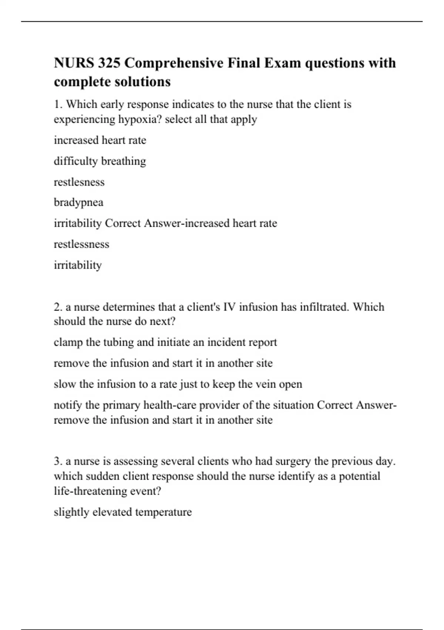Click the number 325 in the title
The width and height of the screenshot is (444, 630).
pyautogui.click(x=109, y=63)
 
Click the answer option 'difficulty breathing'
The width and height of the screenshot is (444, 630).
pyautogui.click(x=100, y=161)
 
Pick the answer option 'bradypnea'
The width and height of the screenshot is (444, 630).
pyautogui.click(x=78, y=203)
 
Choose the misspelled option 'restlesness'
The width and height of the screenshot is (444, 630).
pyautogui.click(x=79, y=182)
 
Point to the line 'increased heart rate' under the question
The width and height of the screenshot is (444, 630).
pyautogui.click(x=100, y=140)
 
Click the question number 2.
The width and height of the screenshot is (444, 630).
pyautogui.click(x=58, y=307)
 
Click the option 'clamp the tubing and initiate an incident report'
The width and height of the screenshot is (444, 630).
pyautogui.click(x=165, y=342)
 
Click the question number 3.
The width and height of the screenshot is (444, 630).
pyautogui.click(x=58, y=461)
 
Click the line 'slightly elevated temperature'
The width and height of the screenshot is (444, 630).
pyautogui.click(x=123, y=512)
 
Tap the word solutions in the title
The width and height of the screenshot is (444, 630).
pyautogui.click(x=149, y=82)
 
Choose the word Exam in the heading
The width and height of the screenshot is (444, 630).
pyautogui.click(x=281, y=63)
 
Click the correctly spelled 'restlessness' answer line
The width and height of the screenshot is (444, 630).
pyautogui.click(x=81, y=244)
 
